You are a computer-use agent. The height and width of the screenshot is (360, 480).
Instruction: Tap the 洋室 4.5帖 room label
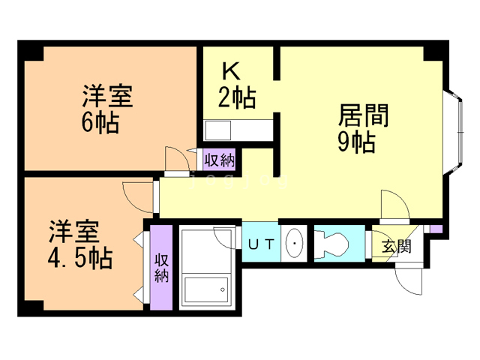click(x=80, y=244)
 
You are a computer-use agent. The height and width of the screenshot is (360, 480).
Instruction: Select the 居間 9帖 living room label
click(x=363, y=128)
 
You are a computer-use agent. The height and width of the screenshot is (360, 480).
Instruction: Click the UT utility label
click(x=261, y=244)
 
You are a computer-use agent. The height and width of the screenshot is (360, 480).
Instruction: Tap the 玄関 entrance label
click(x=397, y=246)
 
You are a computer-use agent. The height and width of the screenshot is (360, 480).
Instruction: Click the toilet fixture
click(x=331, y=244)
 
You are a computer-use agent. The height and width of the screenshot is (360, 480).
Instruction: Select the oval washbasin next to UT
click(x=295, y=243)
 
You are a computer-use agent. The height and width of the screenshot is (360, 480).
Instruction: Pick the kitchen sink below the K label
click(x=218, y=130)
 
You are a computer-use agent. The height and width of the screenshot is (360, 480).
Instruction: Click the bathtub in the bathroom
click(x=206, y=289)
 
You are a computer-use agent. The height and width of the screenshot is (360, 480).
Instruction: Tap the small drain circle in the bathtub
click(x=223, y=289)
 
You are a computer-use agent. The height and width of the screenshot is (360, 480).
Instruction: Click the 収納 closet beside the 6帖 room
click(x=220, y=160)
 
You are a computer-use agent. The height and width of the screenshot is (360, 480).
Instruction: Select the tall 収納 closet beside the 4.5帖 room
click(x=161, y=268)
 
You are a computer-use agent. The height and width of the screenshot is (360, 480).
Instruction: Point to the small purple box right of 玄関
click(x=436, y=229)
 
